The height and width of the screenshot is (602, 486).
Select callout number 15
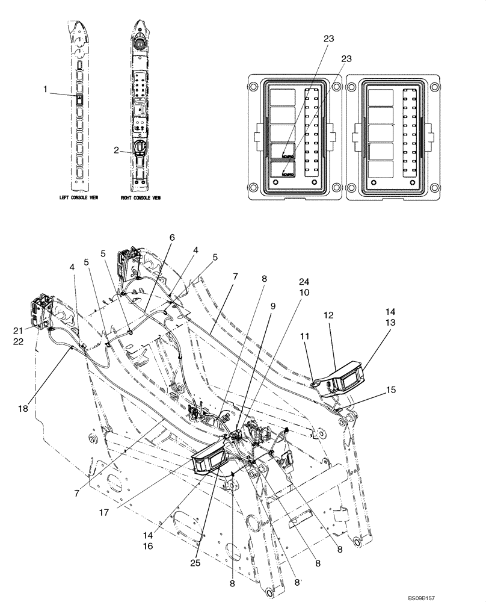pyautogui.click(x=392, y=390)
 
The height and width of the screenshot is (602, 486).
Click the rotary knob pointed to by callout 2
pyautogui.click(x=138, y=146)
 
